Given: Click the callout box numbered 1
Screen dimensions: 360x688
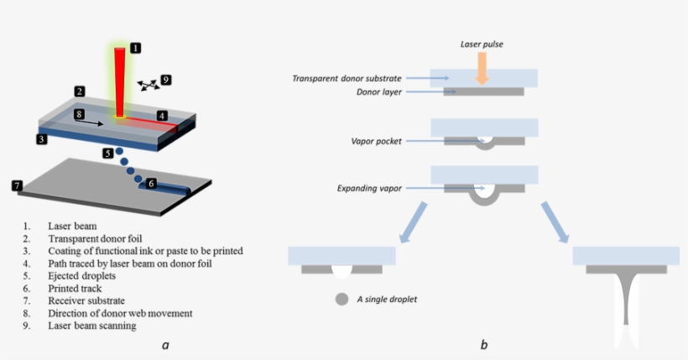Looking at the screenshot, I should pos(137,48).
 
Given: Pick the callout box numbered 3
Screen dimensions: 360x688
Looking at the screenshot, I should pos(40,139).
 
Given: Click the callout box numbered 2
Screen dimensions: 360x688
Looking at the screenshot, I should pos(78,91).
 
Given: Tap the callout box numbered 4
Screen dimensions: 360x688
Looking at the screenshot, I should pos(163,115).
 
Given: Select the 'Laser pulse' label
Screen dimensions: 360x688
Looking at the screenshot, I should pos(482,44).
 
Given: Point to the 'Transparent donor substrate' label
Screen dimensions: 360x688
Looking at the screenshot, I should pos(347,78).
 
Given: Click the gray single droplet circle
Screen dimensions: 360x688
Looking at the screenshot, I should pos(341,299).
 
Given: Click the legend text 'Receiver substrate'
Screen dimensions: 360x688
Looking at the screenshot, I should pos(86,300).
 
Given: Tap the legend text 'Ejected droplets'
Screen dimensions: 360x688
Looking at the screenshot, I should pos(81,274).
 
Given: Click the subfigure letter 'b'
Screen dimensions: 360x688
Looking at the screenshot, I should pos(483,344).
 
